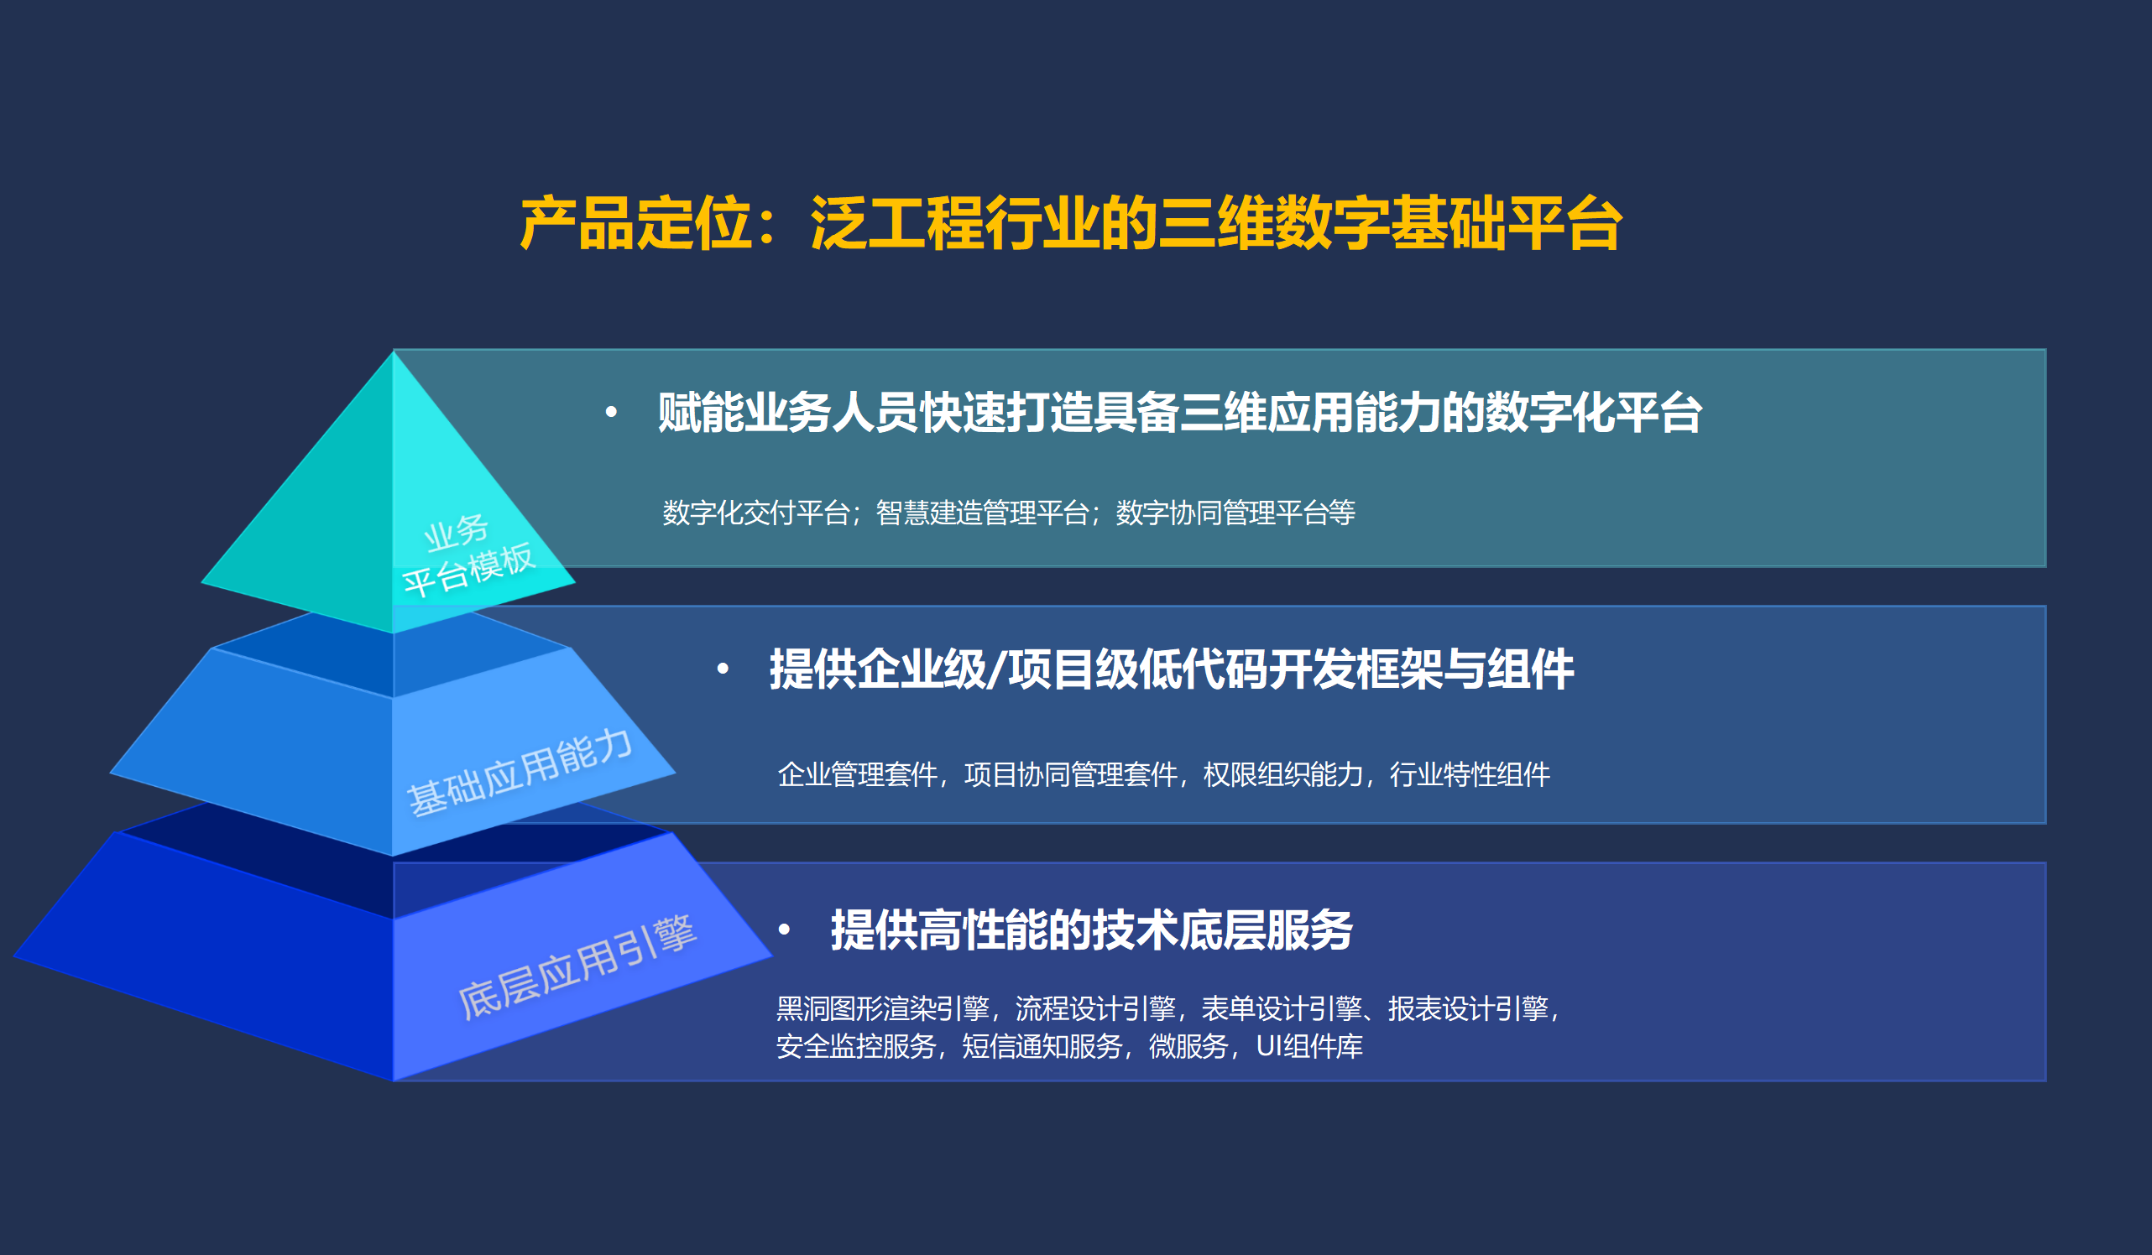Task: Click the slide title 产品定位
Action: point(636,224)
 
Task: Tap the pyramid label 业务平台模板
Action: point(468,555)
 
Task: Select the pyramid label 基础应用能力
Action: point(520,773)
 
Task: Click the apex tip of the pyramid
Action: point(393,351)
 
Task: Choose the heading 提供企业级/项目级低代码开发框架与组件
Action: point(1172,669)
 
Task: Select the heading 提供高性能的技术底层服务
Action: point(1091,930)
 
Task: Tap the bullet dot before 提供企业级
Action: point(723,669)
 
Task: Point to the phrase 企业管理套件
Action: point(858,774)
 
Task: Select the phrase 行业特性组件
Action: point(1470,774)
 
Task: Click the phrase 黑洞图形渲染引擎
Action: point(883,1008)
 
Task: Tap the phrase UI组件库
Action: point(1309,1046)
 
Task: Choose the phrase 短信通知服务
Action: point(1042,1046)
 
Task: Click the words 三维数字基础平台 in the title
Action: point(1388,224)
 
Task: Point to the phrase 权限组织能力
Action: point(1283,774)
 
